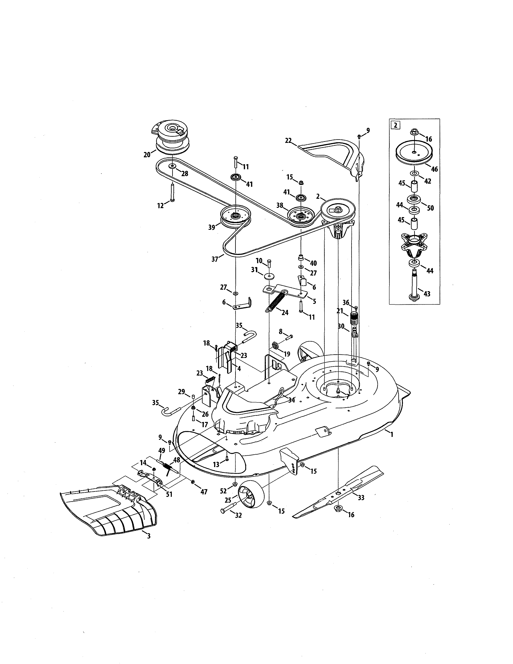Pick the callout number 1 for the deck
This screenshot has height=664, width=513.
click(x=392, y=435)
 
